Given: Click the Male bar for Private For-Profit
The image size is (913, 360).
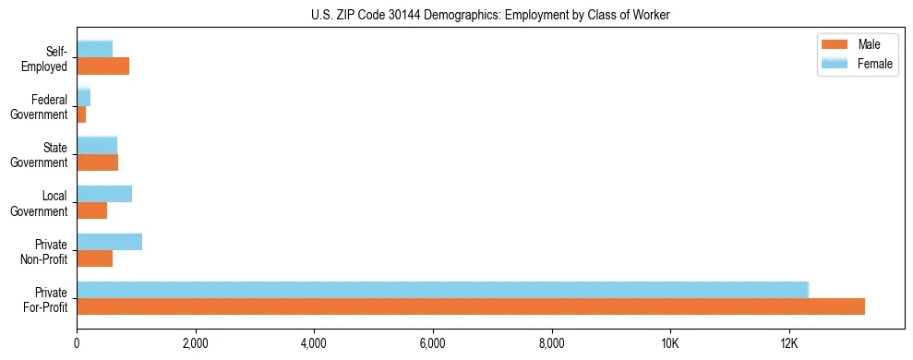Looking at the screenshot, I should click(x=471, y=306).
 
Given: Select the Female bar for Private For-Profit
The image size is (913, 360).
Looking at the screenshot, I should click(x=442, y=290).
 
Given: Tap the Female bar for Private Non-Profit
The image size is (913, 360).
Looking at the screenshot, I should click(x=109, y=242).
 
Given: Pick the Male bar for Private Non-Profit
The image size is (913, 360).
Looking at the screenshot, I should click(x=94, y=258).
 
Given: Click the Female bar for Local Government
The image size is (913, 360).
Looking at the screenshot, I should click(x=104, y=194).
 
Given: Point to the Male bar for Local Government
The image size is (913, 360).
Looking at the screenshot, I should click(x=91, y=210).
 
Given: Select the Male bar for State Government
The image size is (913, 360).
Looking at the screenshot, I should click(x=97, y=162).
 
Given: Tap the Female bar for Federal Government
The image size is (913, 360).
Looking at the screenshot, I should click(x=83, y=98).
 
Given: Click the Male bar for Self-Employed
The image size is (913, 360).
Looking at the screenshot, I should click(x=102, y=66).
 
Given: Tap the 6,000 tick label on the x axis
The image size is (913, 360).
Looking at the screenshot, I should click(x=432, y=343).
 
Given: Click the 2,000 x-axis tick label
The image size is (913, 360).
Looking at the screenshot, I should click(x=195, y=343).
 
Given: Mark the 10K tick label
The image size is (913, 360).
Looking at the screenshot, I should click(x=669, y=343).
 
